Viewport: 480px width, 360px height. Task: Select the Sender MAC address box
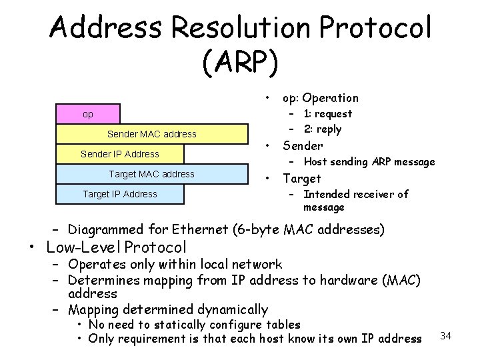(x=152, y=134)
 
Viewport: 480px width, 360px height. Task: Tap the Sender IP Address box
(x=120, y=154)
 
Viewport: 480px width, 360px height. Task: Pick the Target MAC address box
(x=152, y=174)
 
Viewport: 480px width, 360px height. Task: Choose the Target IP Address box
(x=120, y=194)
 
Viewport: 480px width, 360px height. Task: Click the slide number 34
(x=446, y=335)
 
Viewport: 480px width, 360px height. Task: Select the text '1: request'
(x=327, y=113)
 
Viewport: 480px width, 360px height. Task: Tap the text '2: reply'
(x=323, y=129)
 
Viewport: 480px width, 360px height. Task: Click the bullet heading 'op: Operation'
(x=320, y=98)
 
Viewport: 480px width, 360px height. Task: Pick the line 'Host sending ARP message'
(x=369, y=161)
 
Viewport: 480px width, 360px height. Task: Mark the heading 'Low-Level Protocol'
(x=117, y=247)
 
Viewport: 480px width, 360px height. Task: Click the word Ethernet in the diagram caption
(x=200, y=230)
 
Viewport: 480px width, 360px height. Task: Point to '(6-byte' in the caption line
(x=257, y=230)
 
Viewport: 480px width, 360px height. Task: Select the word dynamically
(x=233, y=309)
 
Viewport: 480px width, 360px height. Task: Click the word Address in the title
(x=105, y=28)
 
